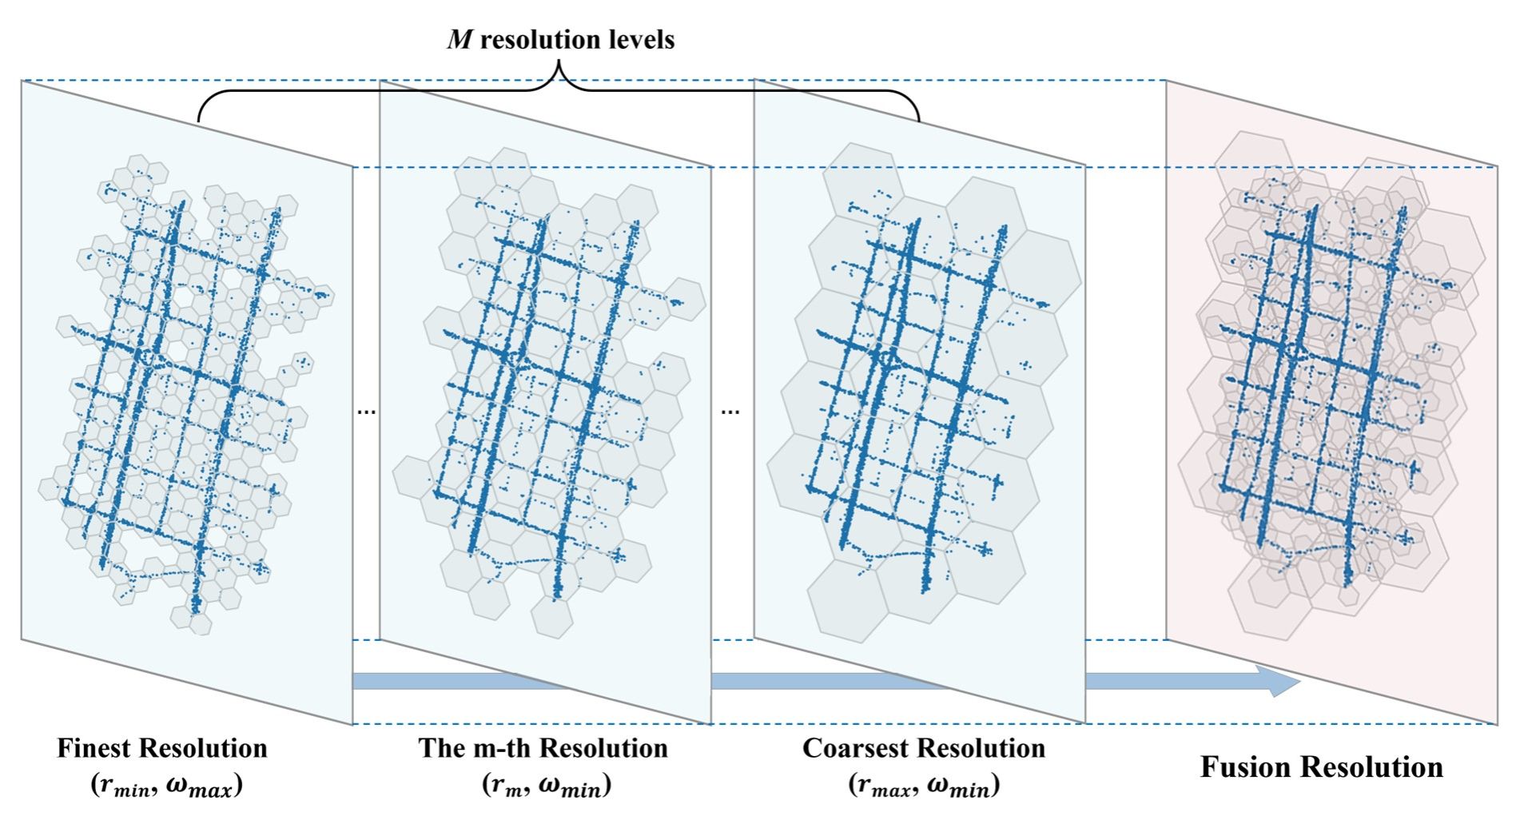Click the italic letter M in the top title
(460, 39)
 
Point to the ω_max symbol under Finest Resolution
(200, 787)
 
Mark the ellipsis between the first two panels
(366, 412)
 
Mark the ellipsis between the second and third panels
(730, 412)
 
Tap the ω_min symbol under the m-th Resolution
(571, 787)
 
